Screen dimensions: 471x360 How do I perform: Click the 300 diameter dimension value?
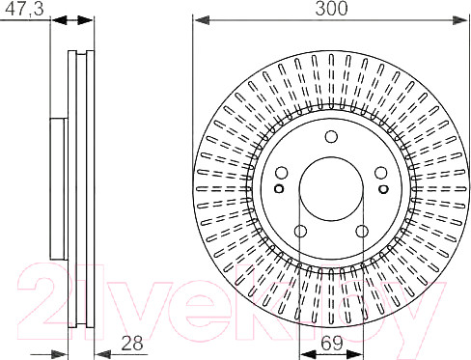[x=331, y=9]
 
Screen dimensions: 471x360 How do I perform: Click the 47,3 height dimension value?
[x=25, y=9]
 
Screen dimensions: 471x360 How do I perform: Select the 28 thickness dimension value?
[x=132, y=344]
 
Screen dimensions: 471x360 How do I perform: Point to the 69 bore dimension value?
[x=332, y=344]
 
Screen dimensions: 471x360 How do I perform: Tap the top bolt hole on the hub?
[x=331, y=136]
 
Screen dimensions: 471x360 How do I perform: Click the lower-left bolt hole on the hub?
[x=300, y=231]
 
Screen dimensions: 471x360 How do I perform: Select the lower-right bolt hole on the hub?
[x=362, y=231]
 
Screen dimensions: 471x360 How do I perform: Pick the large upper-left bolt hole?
[x=282, y=173]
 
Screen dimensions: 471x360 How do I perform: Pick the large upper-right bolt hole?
[x=381, y=173]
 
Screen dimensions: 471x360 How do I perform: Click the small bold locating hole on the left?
[x=279, y=188]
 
